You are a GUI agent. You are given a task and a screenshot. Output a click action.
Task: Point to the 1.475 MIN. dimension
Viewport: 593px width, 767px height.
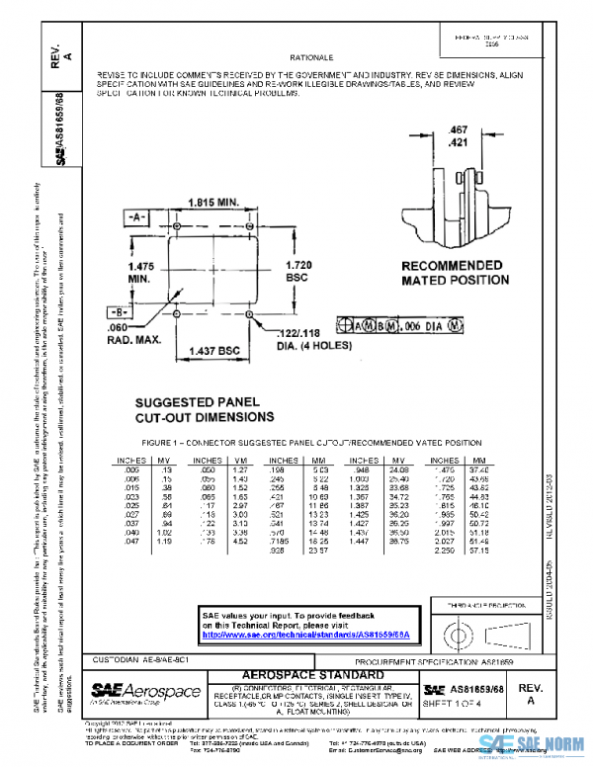click(x=140, y=272)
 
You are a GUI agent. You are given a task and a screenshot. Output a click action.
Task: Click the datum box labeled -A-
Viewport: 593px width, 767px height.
click(x=136, y=215)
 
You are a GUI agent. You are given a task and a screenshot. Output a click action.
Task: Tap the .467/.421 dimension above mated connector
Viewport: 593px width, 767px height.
click(x=457, y=136)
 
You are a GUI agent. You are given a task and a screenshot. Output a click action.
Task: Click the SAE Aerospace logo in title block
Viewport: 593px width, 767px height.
click(x=146, y=693)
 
